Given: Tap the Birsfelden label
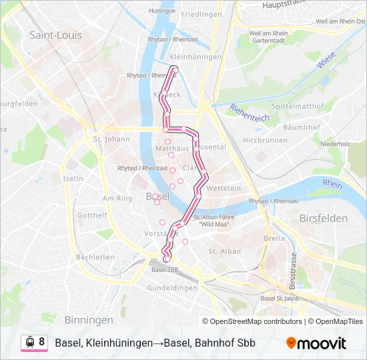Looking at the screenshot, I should [324, 218].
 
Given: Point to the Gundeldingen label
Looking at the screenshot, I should [171, 287].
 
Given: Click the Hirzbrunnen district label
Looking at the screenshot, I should [265, 140].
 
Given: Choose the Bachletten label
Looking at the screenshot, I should [95, 257].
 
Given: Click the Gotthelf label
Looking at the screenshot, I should [92, 215].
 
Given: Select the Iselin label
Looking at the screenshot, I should [73, 179].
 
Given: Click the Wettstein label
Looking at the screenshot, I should [224, 189].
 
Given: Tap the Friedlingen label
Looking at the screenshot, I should [201, 14].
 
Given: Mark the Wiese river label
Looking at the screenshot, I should [326, 62].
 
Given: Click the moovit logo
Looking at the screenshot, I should [316, 343].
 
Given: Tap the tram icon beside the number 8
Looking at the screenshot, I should [29, 343].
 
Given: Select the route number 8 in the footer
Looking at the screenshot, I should [42, 342].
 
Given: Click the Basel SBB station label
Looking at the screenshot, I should [165, 270].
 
